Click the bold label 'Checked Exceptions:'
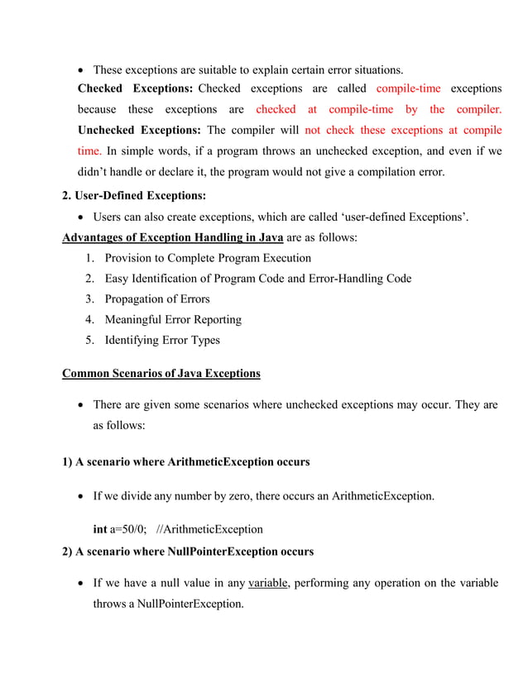coord(135,88)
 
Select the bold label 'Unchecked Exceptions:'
coord(139,131)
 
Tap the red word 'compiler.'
coord(478,109)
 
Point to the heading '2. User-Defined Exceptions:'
coord(134,196)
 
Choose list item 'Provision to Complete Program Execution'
coord(208,259)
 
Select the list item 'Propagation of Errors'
coord(157,299)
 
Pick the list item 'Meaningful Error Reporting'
coord(173,319)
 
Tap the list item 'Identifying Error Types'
coord(162,340)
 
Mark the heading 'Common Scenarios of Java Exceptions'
coord(161,374)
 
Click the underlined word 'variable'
coord(267,584)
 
